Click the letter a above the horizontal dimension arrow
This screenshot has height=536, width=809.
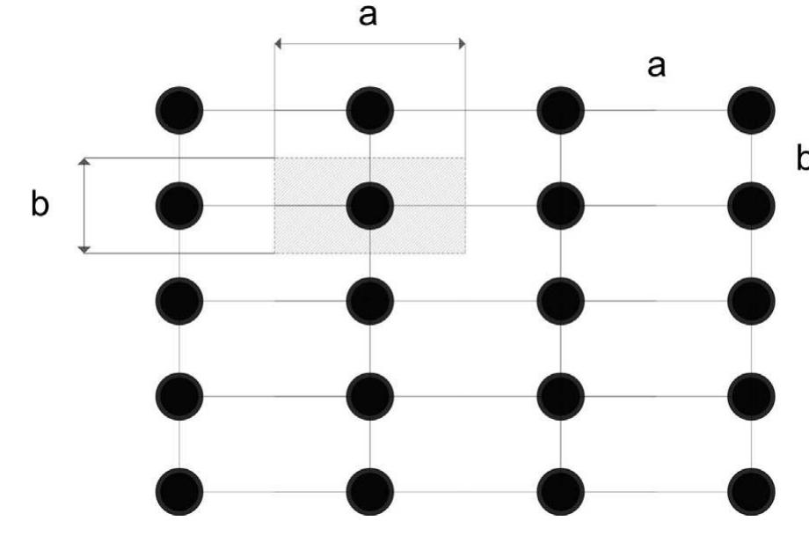368,15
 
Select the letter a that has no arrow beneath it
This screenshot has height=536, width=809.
656,67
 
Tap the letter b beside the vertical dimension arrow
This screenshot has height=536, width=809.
40,203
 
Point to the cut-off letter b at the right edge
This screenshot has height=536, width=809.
803,158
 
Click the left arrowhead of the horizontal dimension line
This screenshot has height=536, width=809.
278,44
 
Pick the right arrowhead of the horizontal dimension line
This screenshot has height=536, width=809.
463,44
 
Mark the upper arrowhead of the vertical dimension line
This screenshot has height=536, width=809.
84,162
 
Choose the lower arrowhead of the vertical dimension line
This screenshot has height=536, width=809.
84,250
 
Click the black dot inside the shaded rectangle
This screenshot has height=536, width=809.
370,206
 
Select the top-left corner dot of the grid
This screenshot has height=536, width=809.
179,111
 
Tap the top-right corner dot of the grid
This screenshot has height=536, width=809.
751,111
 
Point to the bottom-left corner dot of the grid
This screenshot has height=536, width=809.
179,492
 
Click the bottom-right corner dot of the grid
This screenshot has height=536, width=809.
751,492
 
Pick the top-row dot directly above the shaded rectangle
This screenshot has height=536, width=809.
370,111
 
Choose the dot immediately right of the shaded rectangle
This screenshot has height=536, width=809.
561,206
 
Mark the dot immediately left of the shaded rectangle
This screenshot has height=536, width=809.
179,206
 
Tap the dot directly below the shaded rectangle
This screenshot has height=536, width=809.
370,301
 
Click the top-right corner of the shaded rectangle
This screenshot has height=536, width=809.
465,158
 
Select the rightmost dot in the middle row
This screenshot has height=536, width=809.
751,301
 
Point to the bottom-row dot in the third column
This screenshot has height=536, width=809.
561,492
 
